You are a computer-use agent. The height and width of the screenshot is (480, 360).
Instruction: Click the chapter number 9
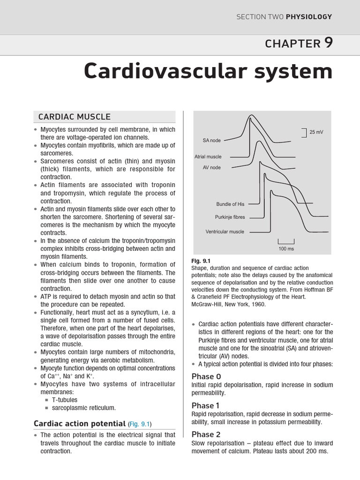tap(328, 43)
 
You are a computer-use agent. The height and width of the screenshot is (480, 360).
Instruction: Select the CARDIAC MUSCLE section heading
tap(75, 117)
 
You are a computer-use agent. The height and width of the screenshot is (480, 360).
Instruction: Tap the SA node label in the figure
tap(212, 140)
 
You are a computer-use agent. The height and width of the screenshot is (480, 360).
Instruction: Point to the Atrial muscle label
tap(208, 157)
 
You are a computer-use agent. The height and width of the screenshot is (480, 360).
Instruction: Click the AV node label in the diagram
tap(212, 167)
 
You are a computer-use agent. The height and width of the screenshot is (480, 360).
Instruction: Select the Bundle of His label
tap(230, 204)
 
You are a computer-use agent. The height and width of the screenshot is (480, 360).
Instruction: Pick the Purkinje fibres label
tap(230, 217)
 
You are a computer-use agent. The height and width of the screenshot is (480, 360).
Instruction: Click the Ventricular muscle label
tap(225, 232)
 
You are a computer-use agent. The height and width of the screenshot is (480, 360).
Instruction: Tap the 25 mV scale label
tap(316, 132)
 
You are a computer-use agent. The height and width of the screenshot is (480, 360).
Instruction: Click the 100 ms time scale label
tap(286, 248)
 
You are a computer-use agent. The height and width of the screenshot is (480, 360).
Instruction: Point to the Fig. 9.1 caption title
tap(201, 261)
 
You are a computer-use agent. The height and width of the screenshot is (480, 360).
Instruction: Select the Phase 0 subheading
tap(206, 376)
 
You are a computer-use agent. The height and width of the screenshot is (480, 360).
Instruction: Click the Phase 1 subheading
tap(206, 405)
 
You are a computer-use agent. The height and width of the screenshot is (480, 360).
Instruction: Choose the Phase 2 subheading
tap(206, 434)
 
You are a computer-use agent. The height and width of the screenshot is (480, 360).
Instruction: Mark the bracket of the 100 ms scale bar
tap(286, 241)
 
